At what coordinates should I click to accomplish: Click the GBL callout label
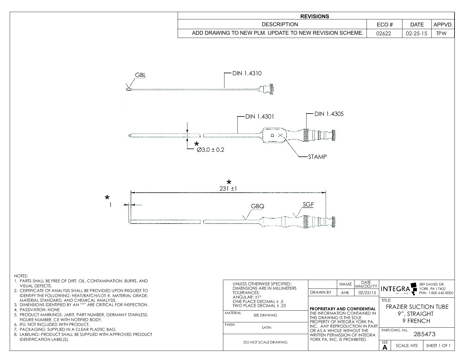point(140,75)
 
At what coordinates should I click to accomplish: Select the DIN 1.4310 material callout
point(247,73)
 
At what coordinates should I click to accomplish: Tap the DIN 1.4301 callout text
point(259,116)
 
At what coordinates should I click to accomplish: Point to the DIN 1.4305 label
point(329,114)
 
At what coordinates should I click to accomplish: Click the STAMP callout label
point(317,157)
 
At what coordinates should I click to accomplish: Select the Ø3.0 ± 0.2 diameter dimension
point(210,150)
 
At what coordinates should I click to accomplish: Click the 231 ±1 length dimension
point(228,189)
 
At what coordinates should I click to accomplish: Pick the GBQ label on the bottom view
point(257,206)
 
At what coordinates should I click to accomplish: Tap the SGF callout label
point(308,204)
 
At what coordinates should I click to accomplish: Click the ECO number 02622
point(384,34)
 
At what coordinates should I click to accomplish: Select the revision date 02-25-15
point(416,34)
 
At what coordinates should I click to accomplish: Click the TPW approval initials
point(441,34)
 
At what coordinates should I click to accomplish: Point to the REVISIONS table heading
point(314,16)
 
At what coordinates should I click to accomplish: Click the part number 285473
point(424,334)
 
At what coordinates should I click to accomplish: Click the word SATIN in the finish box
point(266,327)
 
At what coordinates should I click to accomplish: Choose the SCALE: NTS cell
point(406,346)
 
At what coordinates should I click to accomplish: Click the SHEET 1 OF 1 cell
point(438,346)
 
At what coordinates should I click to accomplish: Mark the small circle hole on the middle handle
point(272,135)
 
